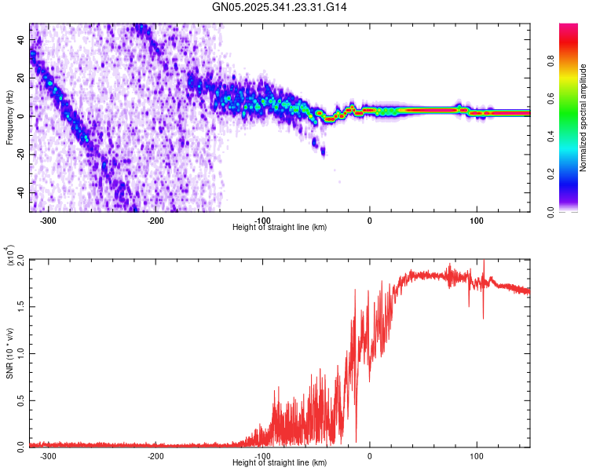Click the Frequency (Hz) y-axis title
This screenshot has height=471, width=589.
pyautogui.click(x=9, y=118)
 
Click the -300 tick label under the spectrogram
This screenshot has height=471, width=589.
pyautogui.click(x=49, y=221)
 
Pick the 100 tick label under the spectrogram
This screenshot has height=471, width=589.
pyautogui.click(x=476, y=221)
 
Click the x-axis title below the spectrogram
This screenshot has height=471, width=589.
pyautogui.click(x=280, y=228)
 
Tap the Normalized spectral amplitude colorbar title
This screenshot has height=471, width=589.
pyautogui.click(x=584, y=118)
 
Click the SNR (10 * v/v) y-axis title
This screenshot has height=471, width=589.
pyautogui.click(x=9, y=353)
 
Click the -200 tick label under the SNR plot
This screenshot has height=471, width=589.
pyautogui.click(x=155, y=456)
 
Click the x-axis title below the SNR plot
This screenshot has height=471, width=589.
pyautogui.click(x=280, y=463)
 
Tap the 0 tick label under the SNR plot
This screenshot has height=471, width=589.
pyautogui.click(x=370, y=456)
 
